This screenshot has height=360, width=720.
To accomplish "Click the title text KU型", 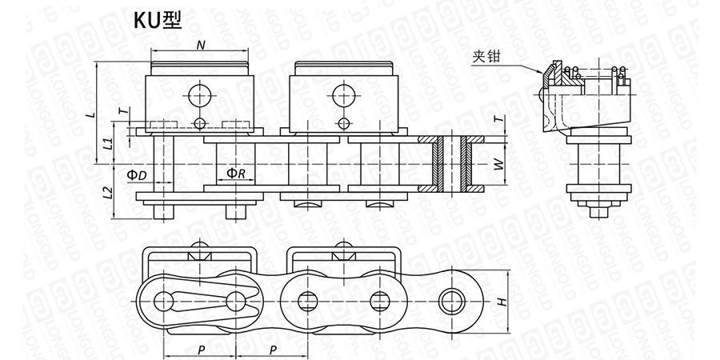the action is pos(158,20).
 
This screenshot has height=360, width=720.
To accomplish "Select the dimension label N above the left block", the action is pos(201,45).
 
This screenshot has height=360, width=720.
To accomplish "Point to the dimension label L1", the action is pos(107,143).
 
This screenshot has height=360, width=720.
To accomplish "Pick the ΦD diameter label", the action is pos(137,174).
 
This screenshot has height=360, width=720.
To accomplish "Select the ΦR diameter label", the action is pos(236,173).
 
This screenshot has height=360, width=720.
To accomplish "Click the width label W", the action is pos(502,164).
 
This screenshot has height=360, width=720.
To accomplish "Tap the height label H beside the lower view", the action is pos(502,302).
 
